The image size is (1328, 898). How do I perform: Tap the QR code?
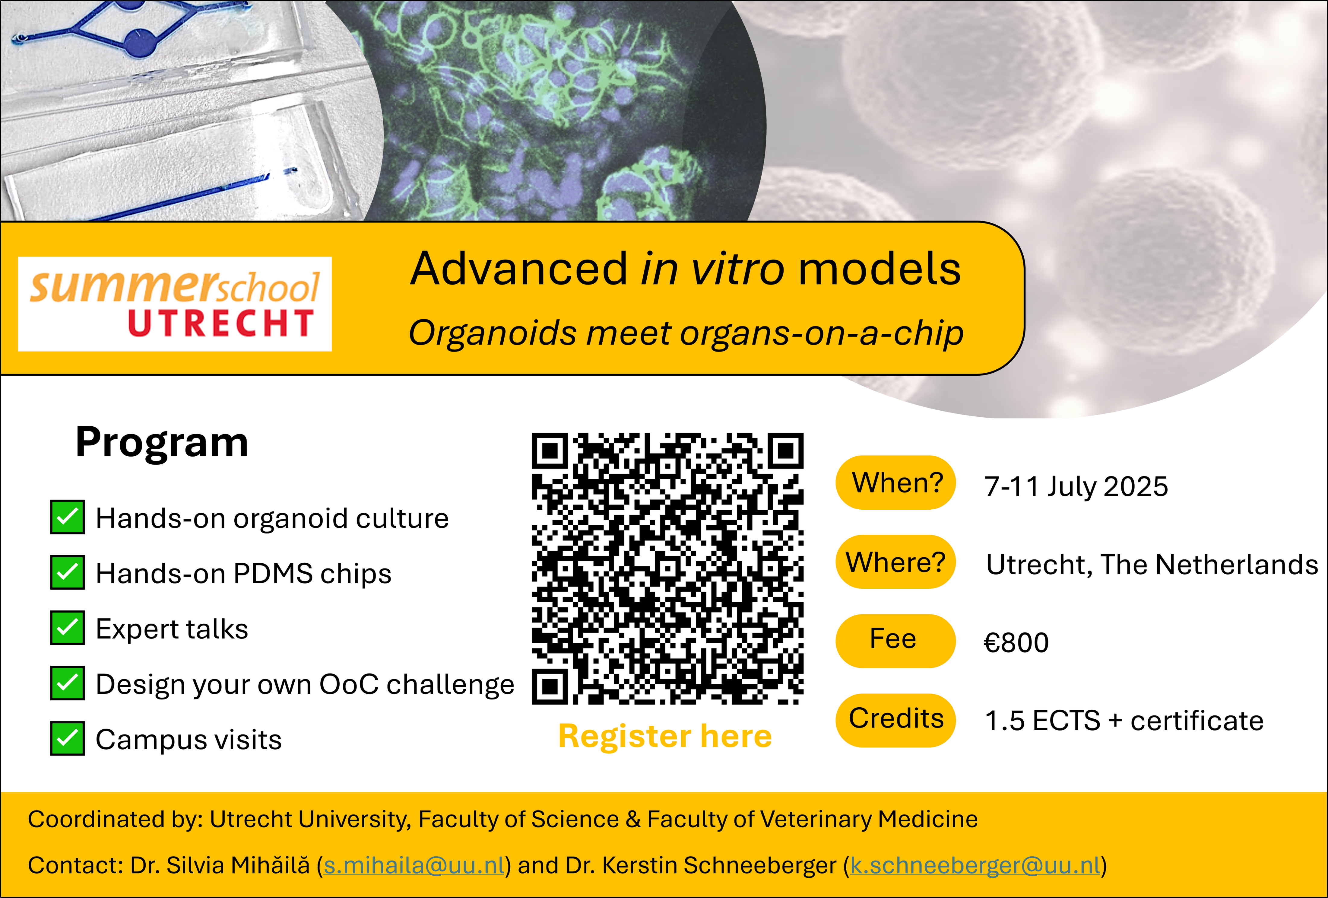pos(667,569)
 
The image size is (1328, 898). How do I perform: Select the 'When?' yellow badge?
pos(895,482)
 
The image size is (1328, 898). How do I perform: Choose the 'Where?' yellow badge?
pos(895,562)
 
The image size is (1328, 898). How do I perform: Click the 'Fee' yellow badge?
pos(895,641)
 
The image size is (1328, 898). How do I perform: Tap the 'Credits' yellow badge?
pos(895,720)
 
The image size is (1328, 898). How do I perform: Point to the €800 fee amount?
pos(1016,642)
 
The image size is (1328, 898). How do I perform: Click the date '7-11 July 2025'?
pos(1076,487)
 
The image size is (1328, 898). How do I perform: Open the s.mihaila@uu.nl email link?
pos(414,865)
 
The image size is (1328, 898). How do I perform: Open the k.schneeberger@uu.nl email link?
pos(975,865)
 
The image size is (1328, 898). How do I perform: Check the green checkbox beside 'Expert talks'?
pos(68,628)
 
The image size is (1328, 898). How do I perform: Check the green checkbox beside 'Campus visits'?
pos(68,738)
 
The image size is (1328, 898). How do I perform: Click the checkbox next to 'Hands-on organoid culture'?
pos(68,517)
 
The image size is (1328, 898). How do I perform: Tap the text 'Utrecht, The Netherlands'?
pos(1152,565)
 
